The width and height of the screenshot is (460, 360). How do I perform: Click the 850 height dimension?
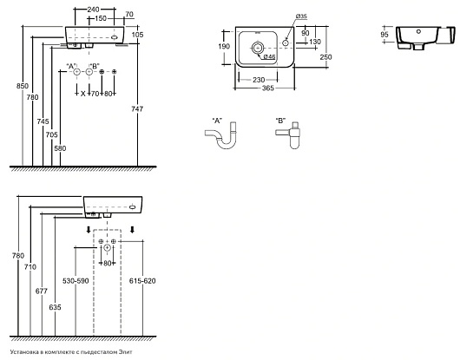23,86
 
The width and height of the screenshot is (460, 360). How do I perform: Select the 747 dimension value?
137,109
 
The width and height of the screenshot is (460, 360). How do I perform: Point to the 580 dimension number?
60,148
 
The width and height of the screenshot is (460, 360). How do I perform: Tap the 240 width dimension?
93,10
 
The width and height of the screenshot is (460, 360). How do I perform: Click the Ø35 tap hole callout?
301,16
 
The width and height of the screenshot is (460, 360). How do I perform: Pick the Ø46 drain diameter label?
269,57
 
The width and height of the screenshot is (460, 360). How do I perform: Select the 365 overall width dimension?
268,88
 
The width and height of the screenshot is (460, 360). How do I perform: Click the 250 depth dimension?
325,57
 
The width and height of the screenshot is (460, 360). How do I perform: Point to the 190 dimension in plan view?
224,46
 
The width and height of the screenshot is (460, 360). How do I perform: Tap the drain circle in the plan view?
258,47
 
